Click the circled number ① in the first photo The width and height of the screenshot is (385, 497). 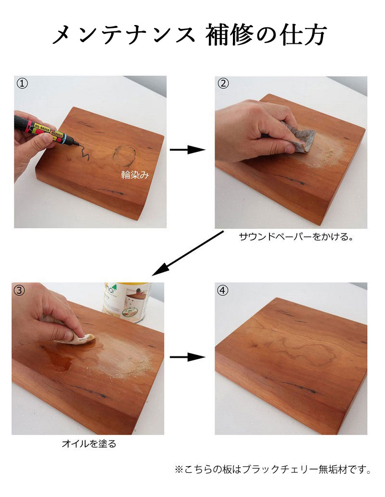click(22, 83)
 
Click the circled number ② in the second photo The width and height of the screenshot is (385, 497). click(223, 83)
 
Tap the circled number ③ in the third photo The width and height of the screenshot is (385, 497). click(19, 290)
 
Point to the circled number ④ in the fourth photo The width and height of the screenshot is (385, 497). click(223, 290)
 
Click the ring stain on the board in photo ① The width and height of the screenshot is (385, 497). click(125, 156)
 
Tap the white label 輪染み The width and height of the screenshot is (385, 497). click(135, 175)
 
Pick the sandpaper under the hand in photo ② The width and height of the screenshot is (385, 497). click(301, 140)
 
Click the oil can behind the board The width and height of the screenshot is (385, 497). click(127, 302)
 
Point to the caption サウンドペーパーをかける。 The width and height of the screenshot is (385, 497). click(296, 236)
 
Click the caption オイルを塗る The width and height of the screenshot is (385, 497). click(89, 444)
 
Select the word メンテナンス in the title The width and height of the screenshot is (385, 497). click(124, 35)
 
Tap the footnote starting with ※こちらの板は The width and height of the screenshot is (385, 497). click(273, 469)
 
